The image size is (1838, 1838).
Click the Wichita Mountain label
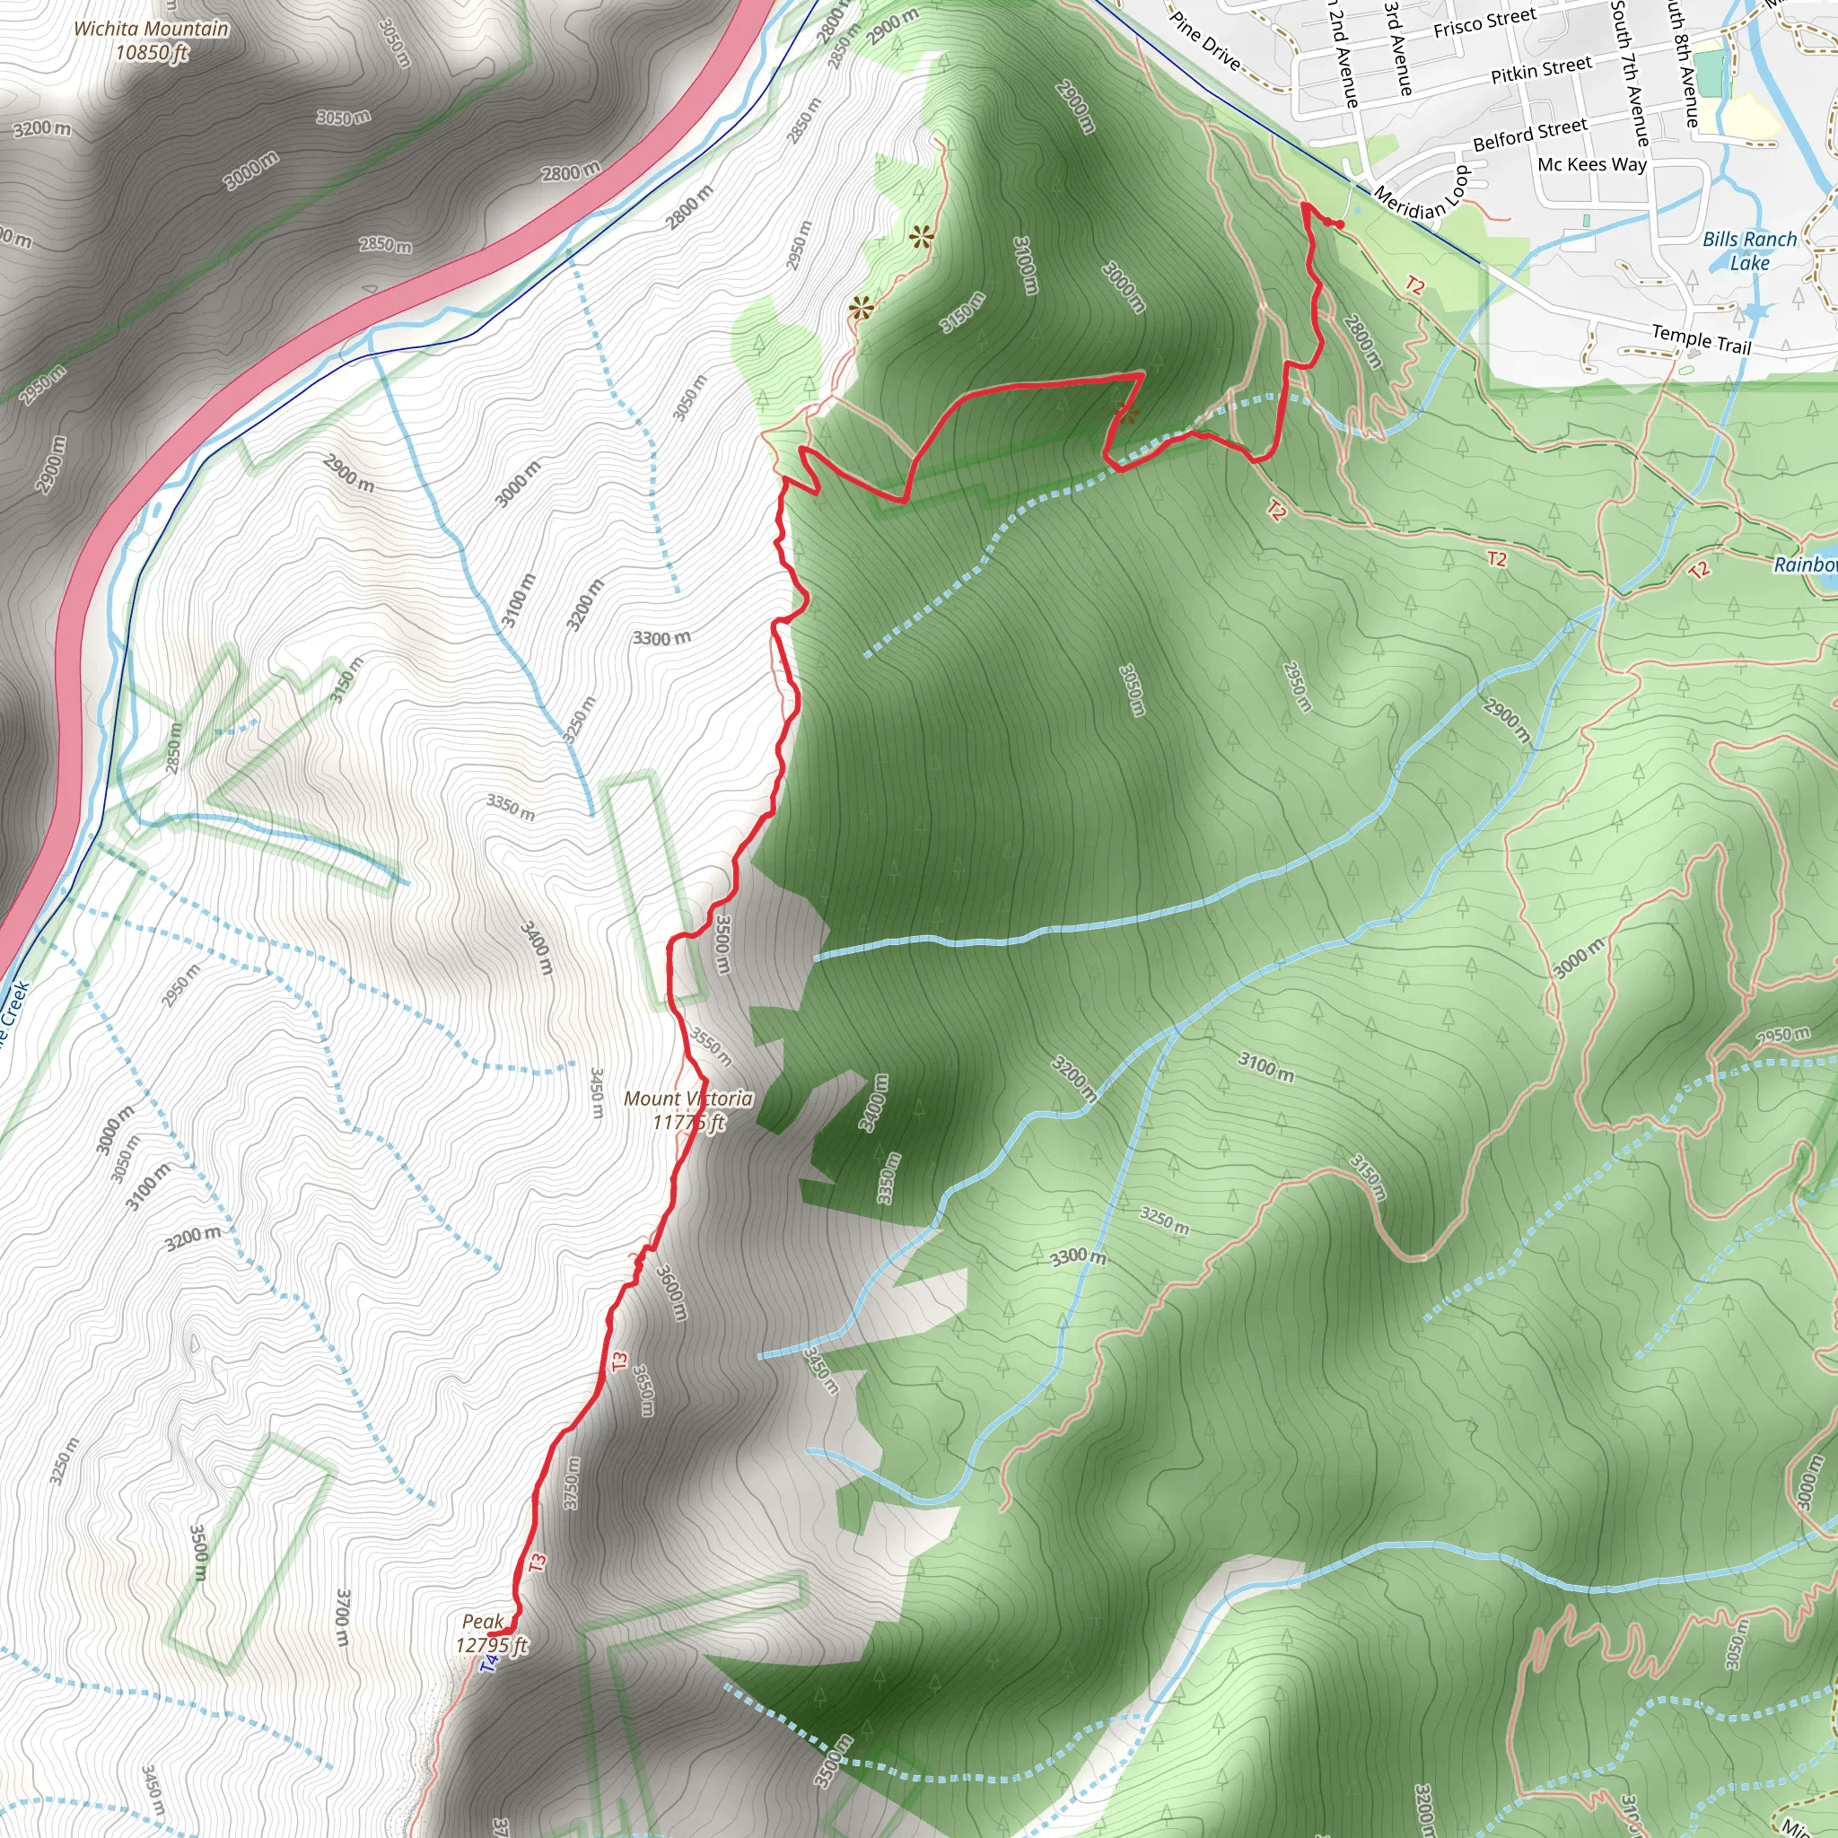coord(152,40)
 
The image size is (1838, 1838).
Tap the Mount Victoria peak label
coord(687,1110)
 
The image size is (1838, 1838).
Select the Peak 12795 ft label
coord(490,1632)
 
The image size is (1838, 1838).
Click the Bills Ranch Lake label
coord(1749,251)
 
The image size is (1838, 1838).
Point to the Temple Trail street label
coord(1701,338)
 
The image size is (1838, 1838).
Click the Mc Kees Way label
coord(1591,164)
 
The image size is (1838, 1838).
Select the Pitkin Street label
coord(1541,69)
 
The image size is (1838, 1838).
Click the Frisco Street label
coord(1484,22)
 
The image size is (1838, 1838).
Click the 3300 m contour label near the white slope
coord(662,637)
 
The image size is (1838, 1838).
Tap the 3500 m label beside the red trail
coord(723,944)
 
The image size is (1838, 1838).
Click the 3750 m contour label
coord(572,1484)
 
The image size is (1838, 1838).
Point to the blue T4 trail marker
coord(489,1663)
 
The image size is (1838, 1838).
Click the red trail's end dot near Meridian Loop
coord(1340,224)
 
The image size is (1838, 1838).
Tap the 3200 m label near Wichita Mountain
coord(42,128)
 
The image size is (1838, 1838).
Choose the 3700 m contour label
coord(344,1617)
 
